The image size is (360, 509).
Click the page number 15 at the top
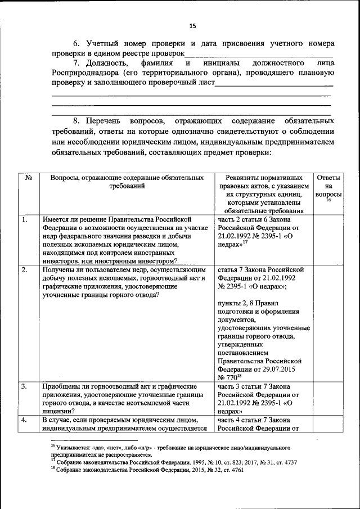[x=192, y=26]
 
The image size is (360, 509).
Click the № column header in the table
[x=28, y=178]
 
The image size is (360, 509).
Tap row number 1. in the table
[x=25, y=219]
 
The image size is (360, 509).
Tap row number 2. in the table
[x=25, y=270]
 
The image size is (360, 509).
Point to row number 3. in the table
[x=25, y=387]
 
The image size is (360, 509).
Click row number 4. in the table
[x=25, y=420]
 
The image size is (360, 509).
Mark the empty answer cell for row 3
[x=328, y=399]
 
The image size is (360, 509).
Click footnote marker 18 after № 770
[x=238, y=377]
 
